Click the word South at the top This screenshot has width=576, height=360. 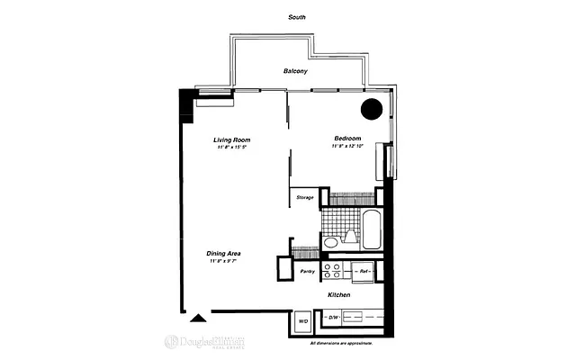295,18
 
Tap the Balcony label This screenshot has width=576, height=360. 296,70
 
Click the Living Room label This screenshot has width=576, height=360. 231,139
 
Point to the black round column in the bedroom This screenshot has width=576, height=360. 371,109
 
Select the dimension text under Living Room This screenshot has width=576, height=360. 231,148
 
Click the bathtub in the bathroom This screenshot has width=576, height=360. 372,229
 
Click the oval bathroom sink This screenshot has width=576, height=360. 329,242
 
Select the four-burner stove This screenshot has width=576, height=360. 332,271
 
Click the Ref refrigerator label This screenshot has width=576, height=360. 364,270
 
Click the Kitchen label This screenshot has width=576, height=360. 338,295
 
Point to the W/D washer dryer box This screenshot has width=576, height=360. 302,320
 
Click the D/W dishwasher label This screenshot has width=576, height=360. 331,318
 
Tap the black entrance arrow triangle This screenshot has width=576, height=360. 197,316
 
